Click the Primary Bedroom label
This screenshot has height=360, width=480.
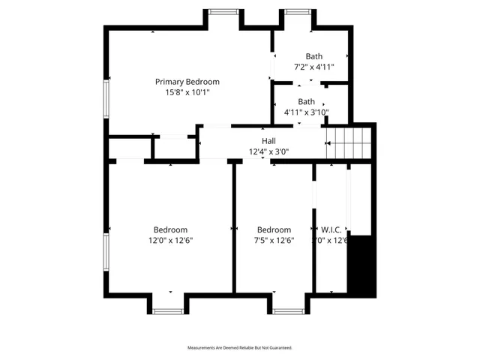187,81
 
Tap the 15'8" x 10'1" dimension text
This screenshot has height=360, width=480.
187,92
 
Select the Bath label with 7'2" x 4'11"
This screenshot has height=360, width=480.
313,56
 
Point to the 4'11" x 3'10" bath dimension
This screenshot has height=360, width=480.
306,112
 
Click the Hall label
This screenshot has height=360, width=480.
268,141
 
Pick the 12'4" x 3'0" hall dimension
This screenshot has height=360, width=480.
268,151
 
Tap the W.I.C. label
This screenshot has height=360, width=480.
331,230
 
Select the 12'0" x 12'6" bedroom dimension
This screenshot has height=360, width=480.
170,241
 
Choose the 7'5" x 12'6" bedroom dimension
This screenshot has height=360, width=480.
273,241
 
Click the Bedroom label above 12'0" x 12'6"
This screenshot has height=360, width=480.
170,229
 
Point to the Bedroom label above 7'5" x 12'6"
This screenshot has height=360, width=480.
273,229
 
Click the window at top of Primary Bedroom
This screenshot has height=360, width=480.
222,11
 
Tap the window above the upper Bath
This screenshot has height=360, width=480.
296,11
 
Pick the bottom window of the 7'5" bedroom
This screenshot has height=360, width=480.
286,310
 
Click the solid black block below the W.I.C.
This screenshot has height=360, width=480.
361,266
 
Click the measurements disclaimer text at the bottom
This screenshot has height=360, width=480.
240,348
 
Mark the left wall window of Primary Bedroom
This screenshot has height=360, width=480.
106,101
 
